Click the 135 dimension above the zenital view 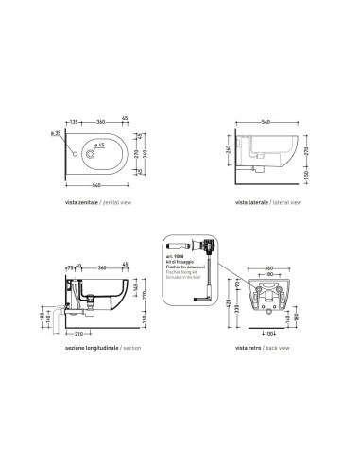pos(72,122)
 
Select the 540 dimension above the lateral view pos(269,122)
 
